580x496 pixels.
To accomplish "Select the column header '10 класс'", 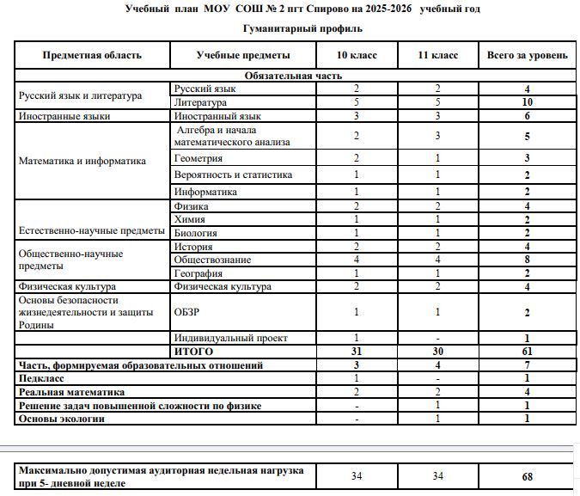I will (355, 55).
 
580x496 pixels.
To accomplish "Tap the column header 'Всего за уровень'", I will (527, 55).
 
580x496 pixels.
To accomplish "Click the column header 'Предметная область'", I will (93, 55).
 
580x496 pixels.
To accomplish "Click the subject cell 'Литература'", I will (199, 101).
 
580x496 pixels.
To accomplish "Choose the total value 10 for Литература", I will (527, 101).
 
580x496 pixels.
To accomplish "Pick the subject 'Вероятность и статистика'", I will (233, 175).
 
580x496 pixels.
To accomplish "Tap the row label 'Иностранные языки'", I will (65, 115).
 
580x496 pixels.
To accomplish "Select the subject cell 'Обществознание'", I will (212, 260).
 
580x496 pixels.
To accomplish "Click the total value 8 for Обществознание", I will (527, 260).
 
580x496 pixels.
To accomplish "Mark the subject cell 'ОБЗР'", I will (188, 313).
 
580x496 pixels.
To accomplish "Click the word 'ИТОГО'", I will (193, 352).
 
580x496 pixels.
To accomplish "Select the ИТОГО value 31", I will (355, 352).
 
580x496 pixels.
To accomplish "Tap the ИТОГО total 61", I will (527, 352).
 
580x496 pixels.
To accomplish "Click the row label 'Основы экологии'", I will (62, 419).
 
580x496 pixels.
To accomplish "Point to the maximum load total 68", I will (527, 476).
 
